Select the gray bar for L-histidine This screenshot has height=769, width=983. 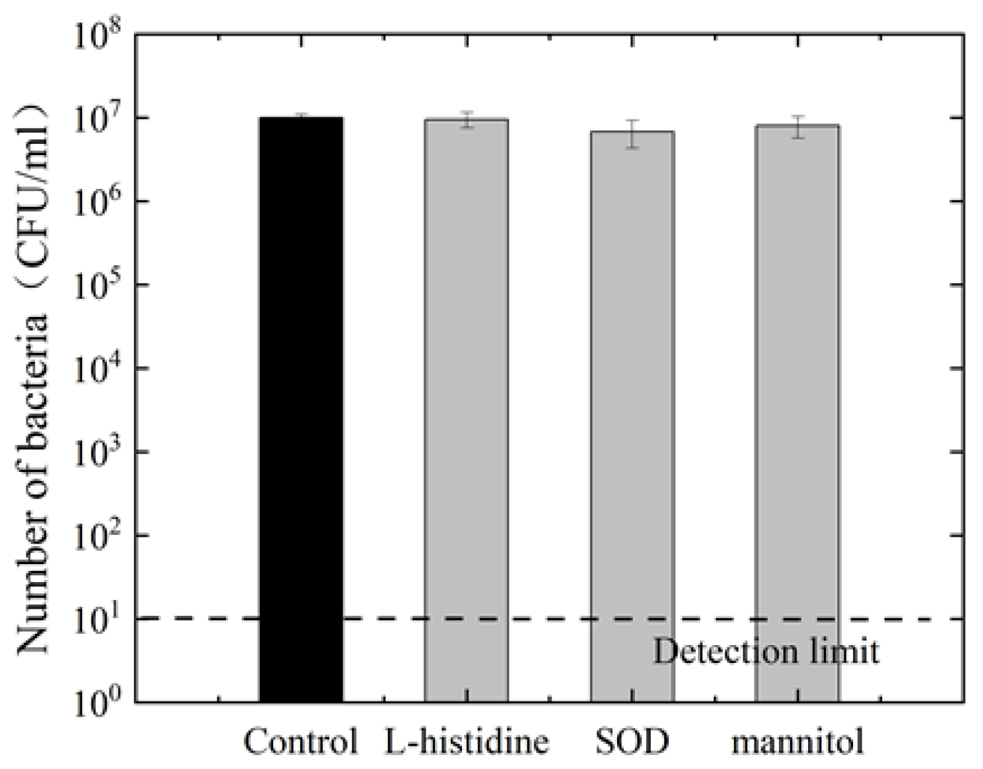pos(467,410)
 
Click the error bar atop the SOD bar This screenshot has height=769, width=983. pos(632,134)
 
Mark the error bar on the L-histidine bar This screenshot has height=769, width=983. pos(467,120)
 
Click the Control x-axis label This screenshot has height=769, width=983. pos(301,740)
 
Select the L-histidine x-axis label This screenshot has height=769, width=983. pos(467,740)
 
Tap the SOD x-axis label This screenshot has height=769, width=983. pos(632,740)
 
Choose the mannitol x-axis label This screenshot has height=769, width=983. pos(797,740)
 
